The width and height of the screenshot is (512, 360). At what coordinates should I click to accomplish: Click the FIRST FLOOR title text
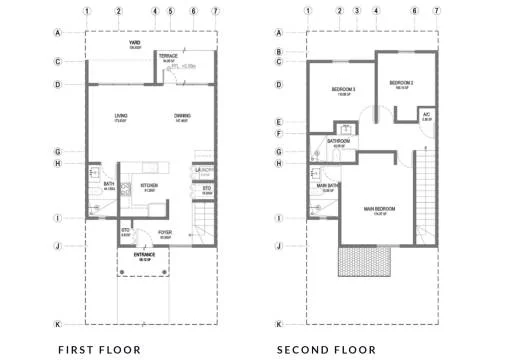[x=99, y=349]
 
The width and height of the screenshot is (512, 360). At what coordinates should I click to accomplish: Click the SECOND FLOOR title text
[x=326, y=349]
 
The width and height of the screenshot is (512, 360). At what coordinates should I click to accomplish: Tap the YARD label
[x=134, y=45]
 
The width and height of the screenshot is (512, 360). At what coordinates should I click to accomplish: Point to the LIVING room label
[x=120, y=116]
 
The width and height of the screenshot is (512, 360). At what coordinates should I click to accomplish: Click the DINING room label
[x=183, y=116]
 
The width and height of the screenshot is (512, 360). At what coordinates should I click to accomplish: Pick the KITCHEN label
[x=148, y=185]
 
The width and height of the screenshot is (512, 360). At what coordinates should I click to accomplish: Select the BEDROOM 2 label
[x=401, y=81]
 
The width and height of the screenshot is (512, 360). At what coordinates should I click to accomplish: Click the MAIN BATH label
[x=329, y=186]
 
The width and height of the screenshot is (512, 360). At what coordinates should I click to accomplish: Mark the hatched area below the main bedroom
[x=366, y=262]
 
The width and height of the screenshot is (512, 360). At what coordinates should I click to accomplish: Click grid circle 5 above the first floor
[x=172, y=12]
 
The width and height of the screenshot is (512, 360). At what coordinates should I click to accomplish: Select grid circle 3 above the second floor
[x=357, y=12]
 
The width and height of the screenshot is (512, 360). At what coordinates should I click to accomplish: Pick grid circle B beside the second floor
[x=281, y=52]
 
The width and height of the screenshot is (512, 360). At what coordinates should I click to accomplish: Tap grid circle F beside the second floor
[x=281, y=133]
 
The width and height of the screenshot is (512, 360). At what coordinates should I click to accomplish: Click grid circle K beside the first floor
[x=58, y=324]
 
